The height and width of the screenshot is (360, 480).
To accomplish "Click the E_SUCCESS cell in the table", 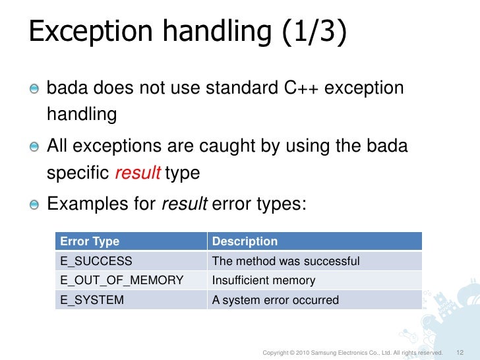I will point(96,261).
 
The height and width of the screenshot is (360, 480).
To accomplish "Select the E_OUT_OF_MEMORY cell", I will point(122,280).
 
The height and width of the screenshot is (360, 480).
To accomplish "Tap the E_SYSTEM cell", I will point(92,300).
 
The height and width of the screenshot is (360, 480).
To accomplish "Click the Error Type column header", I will point(90,241).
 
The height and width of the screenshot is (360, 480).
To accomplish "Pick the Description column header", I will point(245,241).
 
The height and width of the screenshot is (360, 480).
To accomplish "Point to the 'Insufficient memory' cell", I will point(264,280).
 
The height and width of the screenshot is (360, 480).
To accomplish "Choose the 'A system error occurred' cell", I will point(275,300).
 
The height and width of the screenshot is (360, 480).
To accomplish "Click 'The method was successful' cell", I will point(285,261).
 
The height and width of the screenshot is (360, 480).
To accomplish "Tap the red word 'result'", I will point(138,173).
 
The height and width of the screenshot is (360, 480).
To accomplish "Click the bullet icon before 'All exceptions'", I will point(34,146).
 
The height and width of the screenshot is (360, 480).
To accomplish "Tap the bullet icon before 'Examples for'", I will point(34,204).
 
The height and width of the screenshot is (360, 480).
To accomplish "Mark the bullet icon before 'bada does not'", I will point(34,88).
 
